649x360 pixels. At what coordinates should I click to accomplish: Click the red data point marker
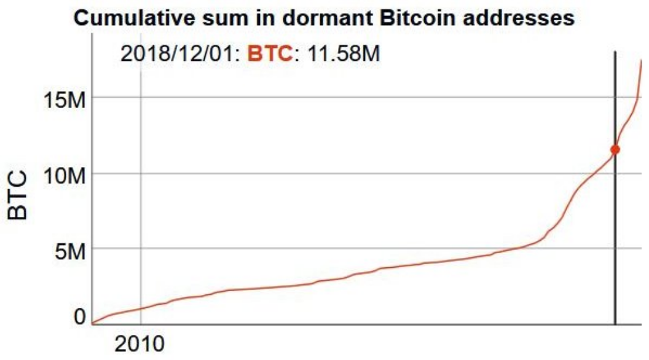tap(615, 149)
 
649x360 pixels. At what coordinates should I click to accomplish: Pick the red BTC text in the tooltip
tap(269, 53)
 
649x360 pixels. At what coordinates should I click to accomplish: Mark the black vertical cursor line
tap(615, 246)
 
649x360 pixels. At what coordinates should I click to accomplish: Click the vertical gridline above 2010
tap(141, 184)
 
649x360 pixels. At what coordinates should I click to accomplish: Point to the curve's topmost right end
tap(642, 60)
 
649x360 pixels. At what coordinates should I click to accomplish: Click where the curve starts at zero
tap(92, 323)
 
